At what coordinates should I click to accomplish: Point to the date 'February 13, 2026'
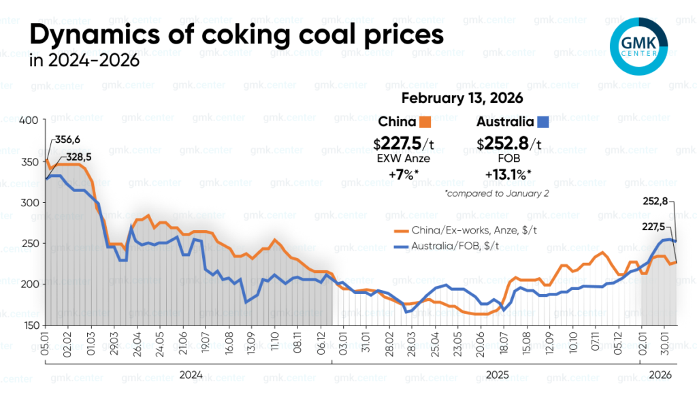tap(461, 98)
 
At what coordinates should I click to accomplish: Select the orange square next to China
tap(426, 123)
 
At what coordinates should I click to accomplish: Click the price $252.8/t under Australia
tap(508, 144)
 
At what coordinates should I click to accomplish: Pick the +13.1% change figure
tap(508, 174)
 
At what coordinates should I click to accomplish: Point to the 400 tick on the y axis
tap(31, 121)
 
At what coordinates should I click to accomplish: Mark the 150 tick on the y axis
tap(31, 325)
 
